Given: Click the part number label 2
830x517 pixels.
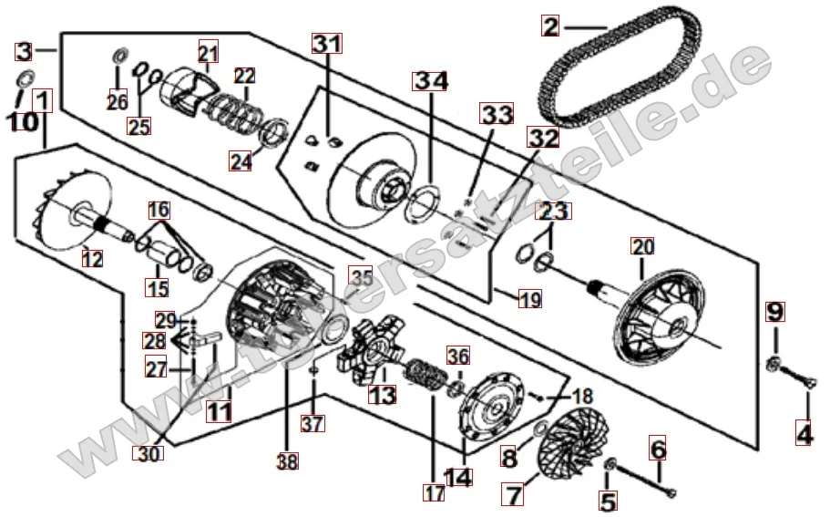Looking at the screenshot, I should pos(549,26).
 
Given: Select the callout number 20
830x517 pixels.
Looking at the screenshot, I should pos(643,246).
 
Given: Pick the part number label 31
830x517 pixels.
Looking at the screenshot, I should pos(327,43).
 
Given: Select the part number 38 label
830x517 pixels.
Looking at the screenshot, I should pos(288,462).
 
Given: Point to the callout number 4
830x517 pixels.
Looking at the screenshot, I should pos(804,436).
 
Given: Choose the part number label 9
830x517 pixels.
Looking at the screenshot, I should pos(774,311).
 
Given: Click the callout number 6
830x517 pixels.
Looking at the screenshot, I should pos(658,448).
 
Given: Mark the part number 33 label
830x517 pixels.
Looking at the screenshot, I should pos(497,114).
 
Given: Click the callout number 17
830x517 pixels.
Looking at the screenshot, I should pos(432,492).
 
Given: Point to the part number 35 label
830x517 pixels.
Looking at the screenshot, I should pos(362,277).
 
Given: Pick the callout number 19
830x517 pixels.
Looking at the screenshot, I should pos(529,298).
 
